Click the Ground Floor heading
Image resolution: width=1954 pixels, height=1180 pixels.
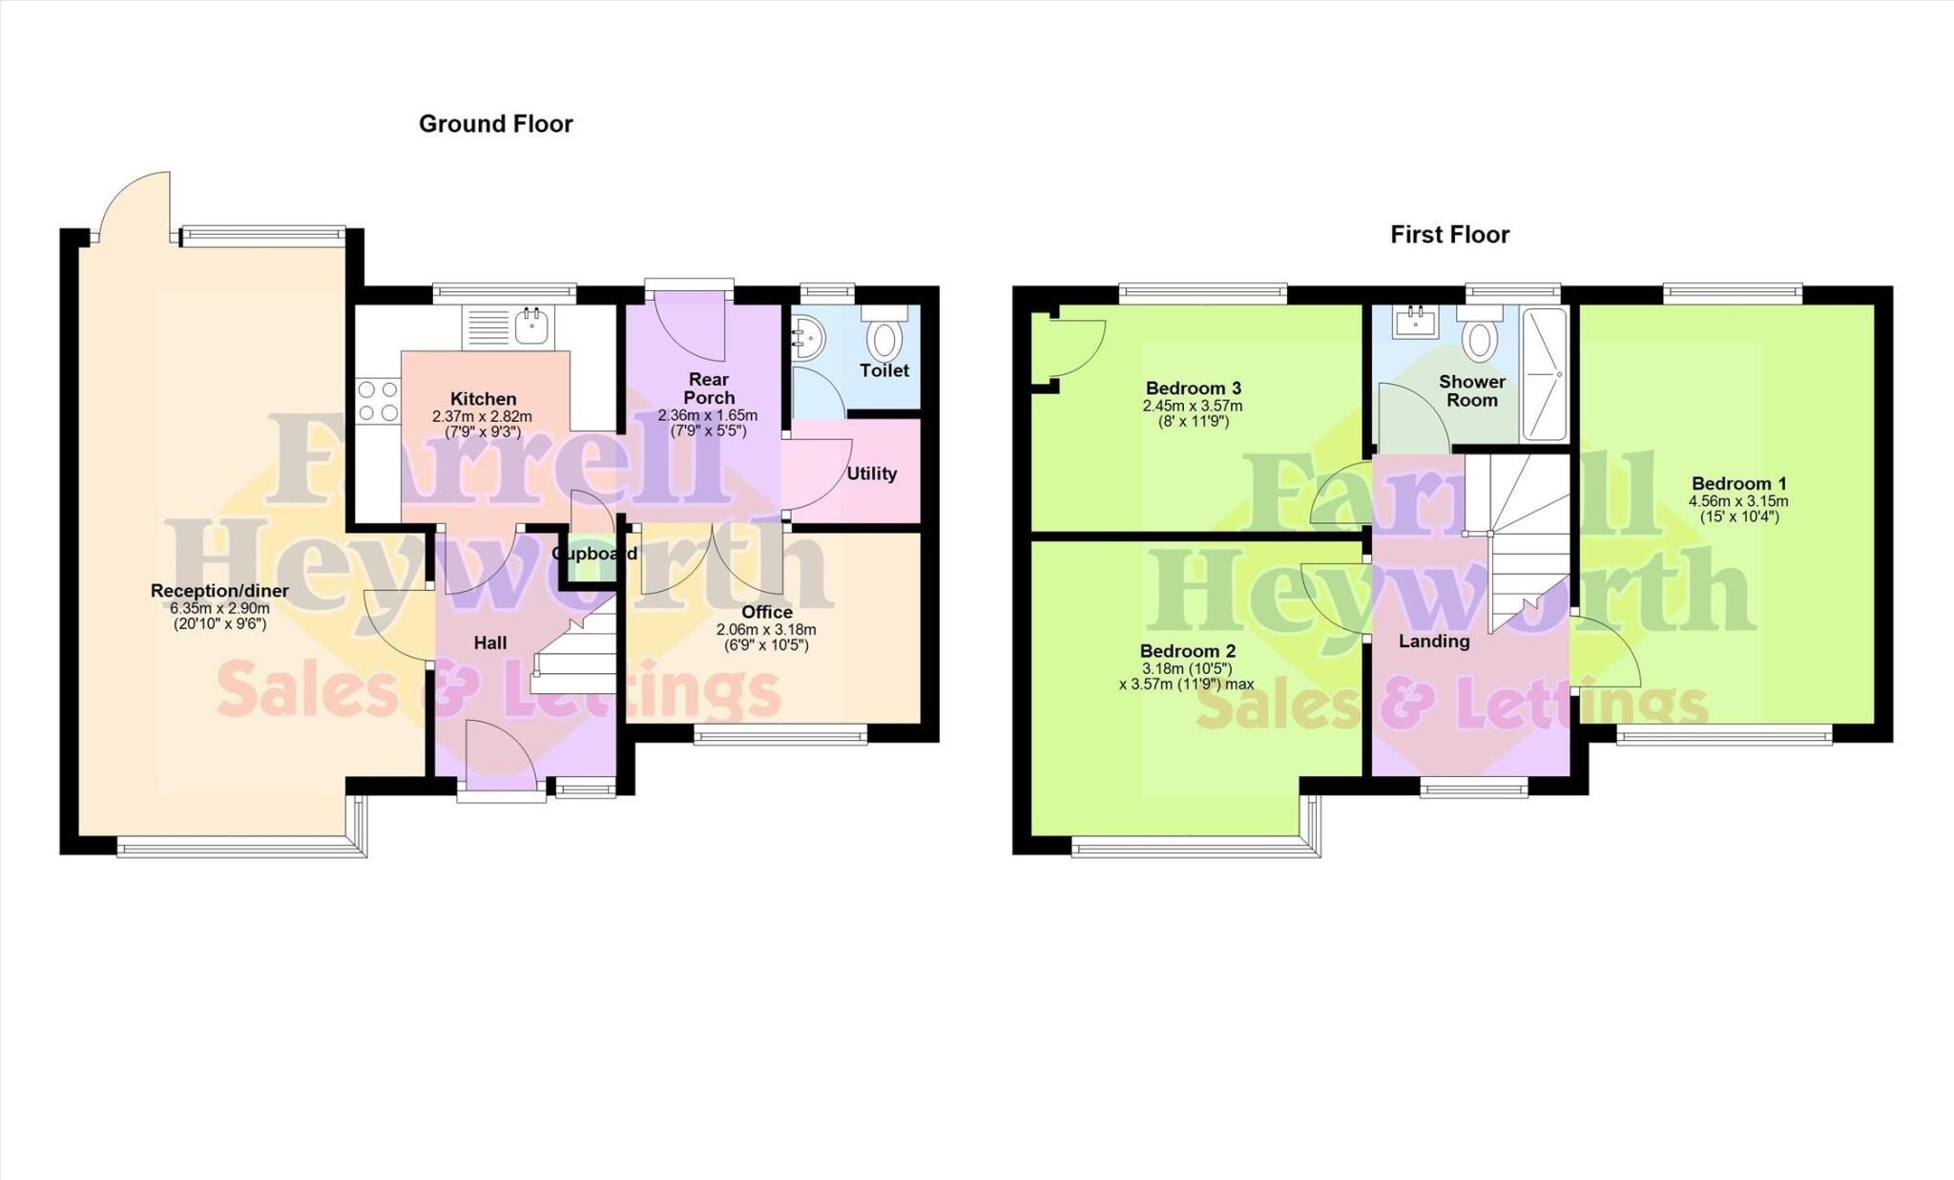(x=495, y=123)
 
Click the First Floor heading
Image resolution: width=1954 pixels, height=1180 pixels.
(x=1449, y=234)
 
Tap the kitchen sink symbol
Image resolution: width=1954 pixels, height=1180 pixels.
(x=531, y=326)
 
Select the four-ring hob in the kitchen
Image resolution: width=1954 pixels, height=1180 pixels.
(x=378, y=401)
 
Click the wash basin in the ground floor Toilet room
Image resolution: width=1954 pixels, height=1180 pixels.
(x=807, y=338)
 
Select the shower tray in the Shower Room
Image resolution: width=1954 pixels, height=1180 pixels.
(x=1543, y=374)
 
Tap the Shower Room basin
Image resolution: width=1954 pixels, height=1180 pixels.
(x=1416, y=323)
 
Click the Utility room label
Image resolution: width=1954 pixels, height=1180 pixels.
(x=871, y=474)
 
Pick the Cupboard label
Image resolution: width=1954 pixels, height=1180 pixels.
(x=594, y=554)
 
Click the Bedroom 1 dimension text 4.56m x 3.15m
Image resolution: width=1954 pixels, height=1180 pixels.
(x=1738, y=501)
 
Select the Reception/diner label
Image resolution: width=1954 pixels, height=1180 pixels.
(x=219, y=591)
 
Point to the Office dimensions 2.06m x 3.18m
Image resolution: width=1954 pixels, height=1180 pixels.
(x=766, y=630)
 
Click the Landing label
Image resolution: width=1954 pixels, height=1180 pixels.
(x=1433, y=642)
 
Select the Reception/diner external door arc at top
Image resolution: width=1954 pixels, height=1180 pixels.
(x=134, y=205)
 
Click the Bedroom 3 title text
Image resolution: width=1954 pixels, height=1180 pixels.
(x=1193, y=388)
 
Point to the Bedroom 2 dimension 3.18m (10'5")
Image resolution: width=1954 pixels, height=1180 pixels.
(x=1187, y=668)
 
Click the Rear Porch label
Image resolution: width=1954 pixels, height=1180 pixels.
(x=709, y=389)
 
